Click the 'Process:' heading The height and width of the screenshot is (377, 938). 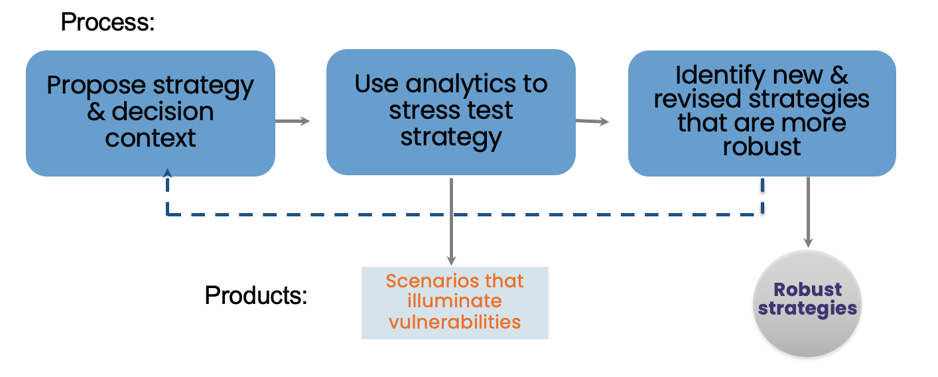coord(107,22)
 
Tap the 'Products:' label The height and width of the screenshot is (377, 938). coord(256,295)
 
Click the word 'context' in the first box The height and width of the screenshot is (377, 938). coord(151,138)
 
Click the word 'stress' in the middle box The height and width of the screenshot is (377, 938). coord(425,111)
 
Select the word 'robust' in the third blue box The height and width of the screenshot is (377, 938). coord(762,146)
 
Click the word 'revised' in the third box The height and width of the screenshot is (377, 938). coord(698,99)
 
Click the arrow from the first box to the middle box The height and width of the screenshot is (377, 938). coord(293,121)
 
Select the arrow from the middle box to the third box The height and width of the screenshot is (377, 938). coord(592,121)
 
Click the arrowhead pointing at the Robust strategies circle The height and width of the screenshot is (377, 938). coord(808,242)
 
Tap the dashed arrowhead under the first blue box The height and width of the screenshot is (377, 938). coord(167,173)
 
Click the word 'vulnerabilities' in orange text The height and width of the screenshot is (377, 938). coord(455,322)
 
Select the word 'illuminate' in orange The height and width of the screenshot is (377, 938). coord(455,301)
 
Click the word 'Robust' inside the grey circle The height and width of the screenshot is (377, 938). coord(807,289)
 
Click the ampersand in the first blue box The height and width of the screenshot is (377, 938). coord(96,112)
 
